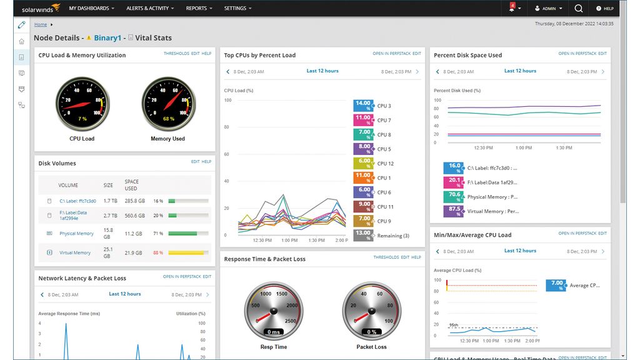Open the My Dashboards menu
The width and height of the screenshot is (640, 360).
(92, 9)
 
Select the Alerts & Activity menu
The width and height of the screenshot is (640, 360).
(150, 9)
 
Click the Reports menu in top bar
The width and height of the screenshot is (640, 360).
(199, 9)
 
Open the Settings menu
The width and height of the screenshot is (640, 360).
(237, 9)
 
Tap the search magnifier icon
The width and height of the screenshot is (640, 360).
(578, 9)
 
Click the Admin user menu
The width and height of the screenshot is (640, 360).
(548, 9)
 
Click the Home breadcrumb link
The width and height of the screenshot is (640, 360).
(41, 24)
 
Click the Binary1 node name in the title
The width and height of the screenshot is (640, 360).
(107, 38)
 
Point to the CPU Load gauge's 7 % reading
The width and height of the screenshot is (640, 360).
(82, 118)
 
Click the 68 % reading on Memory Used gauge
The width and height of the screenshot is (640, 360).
(168, 118)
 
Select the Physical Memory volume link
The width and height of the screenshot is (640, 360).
(77, 234)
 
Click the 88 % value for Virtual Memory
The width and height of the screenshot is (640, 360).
(158, 253)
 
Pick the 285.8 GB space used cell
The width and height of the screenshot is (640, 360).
(134, 201)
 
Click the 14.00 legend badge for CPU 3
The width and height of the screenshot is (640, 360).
(363, 106)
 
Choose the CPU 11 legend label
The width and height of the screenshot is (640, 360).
(385, 207)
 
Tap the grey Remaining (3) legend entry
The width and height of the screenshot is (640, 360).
(393, 236)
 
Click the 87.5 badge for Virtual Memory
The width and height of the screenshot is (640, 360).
(454, 211)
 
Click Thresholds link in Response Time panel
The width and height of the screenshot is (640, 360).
(386, 257)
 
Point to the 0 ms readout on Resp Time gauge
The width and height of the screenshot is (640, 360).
(273, 332)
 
